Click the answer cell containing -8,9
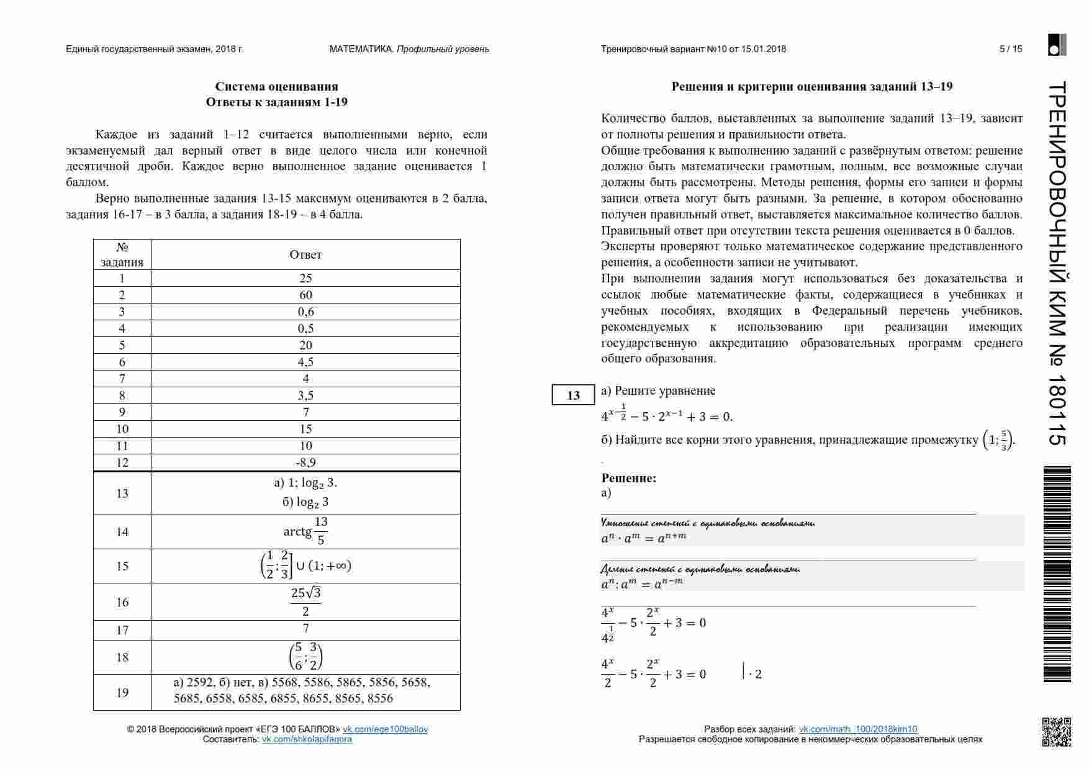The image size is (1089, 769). pyautogui.click(x=305, y=462)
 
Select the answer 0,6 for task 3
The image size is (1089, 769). pyautogui.click(x=305, y=312)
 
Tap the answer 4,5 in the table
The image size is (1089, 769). pyautogui.click(x=305, y=362)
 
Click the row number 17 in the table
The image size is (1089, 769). pyautogui.click(x=122, y=630)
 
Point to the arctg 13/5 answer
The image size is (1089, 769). pyautogui.click(x=305, y=531)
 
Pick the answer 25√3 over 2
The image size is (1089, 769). pyautogui.click(x=305, y=601)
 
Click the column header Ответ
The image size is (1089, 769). pyautogui.click(x=305, y=254)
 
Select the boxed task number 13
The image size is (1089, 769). pyautogui.click(x=573, y=395)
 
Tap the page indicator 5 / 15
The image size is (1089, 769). pyautogui.click(x=1011, y=49)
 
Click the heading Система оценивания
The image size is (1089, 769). pyautogui.click(x=276, y=86)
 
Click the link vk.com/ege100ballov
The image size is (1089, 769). pyautogui.click(x=385, y=729)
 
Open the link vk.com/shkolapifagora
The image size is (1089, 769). pyautogui.click(x=307, y=739)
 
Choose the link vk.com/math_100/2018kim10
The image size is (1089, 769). pyautogui.click(x=857, y=729)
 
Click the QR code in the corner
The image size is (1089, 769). pyautogui.click(x=1056, y=732)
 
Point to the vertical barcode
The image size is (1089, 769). pyautogui.click(x=1057, y=574)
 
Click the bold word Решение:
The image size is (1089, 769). pyautogui.click(x=628, y=478)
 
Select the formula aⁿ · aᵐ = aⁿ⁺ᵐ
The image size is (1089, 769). pyautogui.click(x=644, y=537)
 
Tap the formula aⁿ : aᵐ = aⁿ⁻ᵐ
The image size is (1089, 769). pyautogui.click(x=641, y=583)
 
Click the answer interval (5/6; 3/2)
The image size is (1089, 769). pyautogui.click(x=305, y=657)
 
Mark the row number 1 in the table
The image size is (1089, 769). pyautogui.click(x=122, y=278)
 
